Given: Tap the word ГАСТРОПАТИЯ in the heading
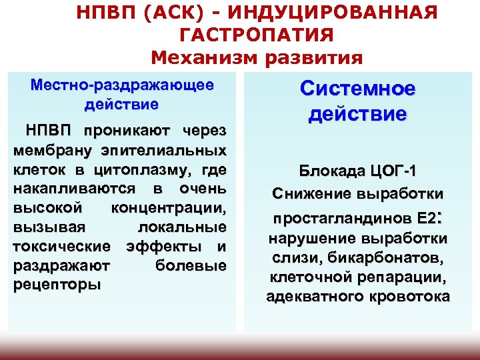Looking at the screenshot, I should [x=257, y=34].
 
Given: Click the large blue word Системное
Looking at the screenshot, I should [x=357, y=89].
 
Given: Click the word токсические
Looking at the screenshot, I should [x=62, y=246].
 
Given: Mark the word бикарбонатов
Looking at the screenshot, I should [x=393, y=257].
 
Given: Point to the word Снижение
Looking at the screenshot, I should [x=306, y=193].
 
